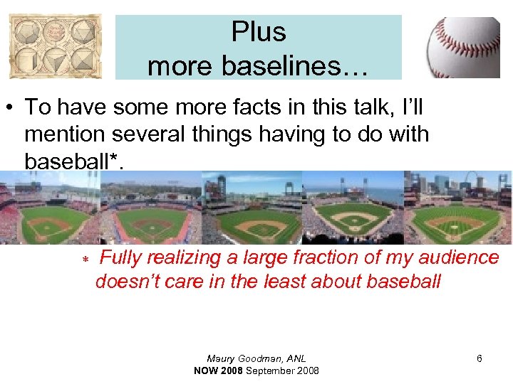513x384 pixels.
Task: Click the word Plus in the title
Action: [x=258, y=32]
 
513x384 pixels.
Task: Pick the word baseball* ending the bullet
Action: [x=74, y=160]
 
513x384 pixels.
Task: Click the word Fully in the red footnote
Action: [x=125, y=257]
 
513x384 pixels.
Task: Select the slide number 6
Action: [x=479, y=359]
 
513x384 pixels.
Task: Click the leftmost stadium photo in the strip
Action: [x=50, y=210]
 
